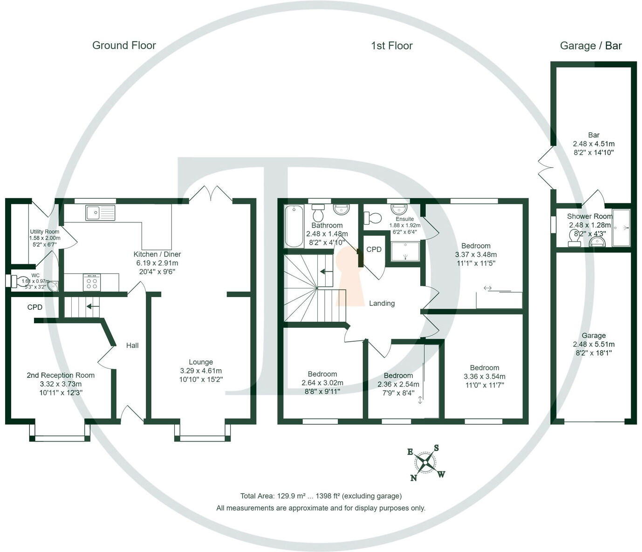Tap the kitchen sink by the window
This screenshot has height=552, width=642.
(100, 213)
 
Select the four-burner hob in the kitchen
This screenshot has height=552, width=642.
(92, 282)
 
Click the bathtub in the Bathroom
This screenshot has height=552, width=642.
(294, 226)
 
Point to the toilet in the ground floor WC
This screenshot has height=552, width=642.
(20, 281)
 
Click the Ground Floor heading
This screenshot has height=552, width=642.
(124, 45)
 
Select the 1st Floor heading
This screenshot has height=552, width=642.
(391, 46)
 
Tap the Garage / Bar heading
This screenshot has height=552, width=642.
(590, 46)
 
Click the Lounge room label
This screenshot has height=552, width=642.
(201, 362)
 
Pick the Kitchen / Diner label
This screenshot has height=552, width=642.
(157, 254)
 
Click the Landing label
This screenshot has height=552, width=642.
(382, 303)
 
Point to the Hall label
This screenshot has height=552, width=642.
(132, 345)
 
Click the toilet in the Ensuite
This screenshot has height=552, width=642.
(373, 218)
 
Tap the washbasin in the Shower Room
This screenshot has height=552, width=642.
(597, 241)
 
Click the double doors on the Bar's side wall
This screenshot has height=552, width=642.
(545, 167)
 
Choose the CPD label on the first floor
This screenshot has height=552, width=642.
(374, 249)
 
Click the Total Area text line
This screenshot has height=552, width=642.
(321, 496)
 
